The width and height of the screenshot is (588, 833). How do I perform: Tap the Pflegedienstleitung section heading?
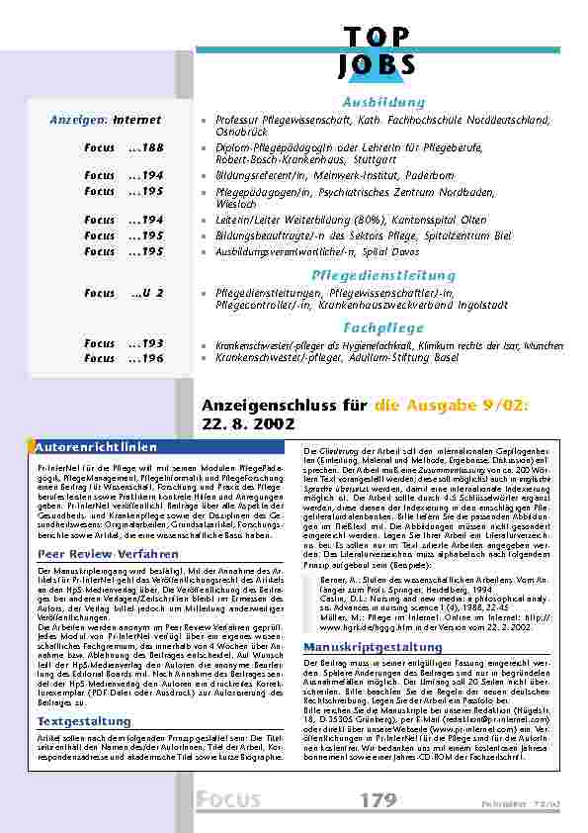coord(369,275)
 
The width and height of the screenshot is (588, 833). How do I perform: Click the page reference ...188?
coord(146,147)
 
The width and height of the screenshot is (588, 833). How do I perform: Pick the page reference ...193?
coord(146,343)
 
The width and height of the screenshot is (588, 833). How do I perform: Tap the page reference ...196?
coord(146,358)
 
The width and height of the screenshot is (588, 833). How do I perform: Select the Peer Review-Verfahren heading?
coord(95,554)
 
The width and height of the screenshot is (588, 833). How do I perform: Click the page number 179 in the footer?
coord(378,799)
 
